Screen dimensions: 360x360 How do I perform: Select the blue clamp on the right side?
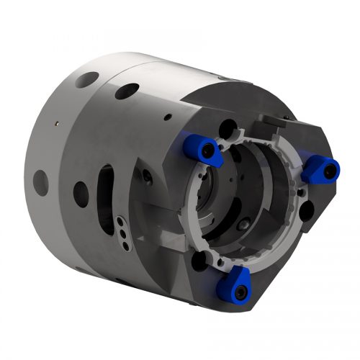click(320, 170)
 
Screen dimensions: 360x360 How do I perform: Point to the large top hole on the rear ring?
click(86, 79)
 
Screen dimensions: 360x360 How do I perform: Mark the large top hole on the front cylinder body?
click(127, 91)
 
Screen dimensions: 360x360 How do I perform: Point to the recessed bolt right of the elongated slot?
click(146, 176)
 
